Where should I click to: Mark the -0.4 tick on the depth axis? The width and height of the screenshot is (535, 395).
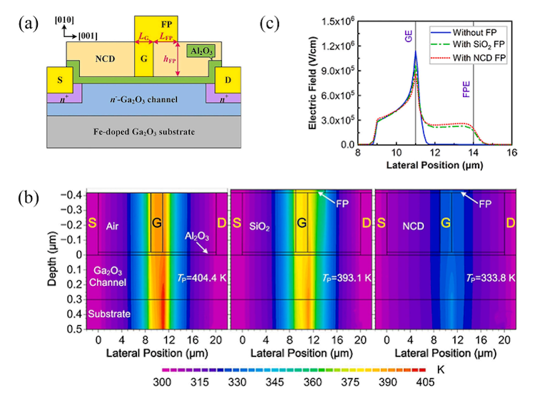tap(73, 194)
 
